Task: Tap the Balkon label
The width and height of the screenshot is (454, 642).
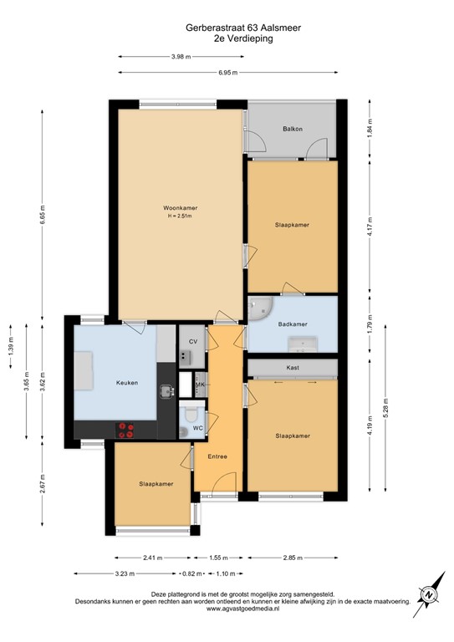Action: click(x=292, y=129)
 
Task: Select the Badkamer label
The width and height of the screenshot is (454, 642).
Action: click(x=293, y=324)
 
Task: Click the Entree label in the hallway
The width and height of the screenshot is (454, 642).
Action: click(x=217, y=456)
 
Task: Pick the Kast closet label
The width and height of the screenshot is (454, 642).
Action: click(x=293, y=367)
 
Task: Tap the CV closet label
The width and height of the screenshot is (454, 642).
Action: click(x=192, y=342)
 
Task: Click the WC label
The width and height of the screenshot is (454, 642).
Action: click(x=197, y=428)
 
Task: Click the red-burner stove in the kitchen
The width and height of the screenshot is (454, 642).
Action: click(x=127, y=430)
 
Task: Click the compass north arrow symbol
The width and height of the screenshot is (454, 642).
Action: click(x=428, y=594)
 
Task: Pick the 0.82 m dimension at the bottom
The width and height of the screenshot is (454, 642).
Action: click(x=193, y=573)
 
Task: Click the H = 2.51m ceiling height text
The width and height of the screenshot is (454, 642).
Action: click(x=180, y=217)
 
